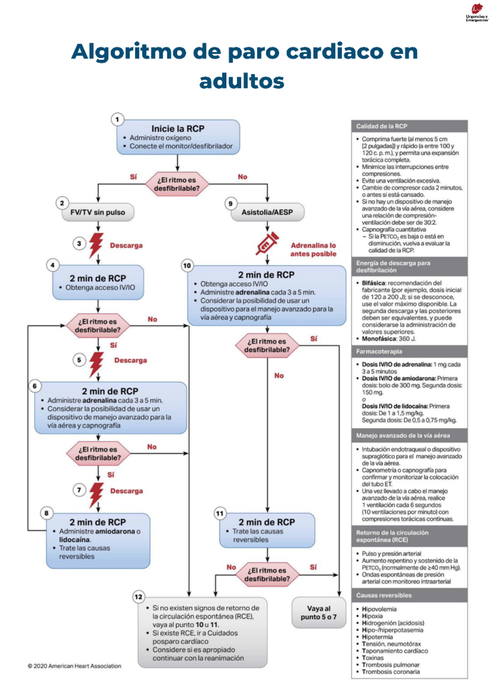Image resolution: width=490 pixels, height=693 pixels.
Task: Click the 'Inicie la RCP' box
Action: [178, 137]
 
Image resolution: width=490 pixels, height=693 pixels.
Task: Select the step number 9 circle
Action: [230, 204]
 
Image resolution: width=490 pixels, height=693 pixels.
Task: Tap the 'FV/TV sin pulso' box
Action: [98, 213]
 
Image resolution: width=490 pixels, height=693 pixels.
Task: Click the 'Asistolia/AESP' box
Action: [267, 213]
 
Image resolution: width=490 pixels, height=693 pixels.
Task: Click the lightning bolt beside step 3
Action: [96, 244]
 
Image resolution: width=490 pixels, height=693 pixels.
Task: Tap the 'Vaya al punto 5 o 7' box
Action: [318, 613]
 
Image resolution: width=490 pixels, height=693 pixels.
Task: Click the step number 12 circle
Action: [138, 597]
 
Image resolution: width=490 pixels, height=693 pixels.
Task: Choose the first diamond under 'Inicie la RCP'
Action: [177, 184]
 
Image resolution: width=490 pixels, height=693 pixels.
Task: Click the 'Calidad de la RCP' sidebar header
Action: [409, 127]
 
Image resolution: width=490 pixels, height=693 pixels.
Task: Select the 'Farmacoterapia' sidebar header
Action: [409, 351]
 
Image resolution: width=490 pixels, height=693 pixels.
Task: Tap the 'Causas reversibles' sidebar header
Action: [409, 595]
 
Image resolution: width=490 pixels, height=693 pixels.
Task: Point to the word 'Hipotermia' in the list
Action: [377, 637]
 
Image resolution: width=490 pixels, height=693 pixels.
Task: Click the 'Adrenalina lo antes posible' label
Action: [313, 249]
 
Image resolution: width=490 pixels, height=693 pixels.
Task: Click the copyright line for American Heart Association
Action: [74, 666]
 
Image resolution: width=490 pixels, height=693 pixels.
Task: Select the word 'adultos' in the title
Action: [241, 81]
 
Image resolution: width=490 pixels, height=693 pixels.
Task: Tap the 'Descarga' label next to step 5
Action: [130, 360]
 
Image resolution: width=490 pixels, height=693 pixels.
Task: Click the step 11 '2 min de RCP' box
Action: [267, 530]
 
